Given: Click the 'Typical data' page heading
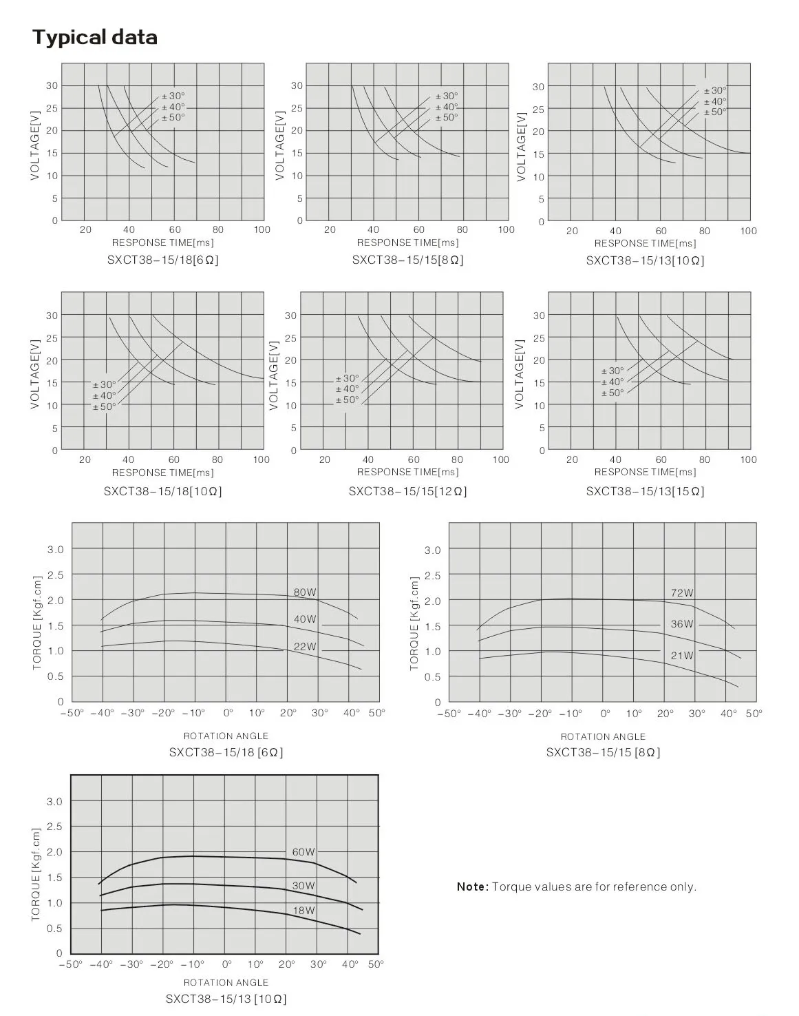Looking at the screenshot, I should pos(95,37).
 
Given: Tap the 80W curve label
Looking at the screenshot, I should pos(305,592).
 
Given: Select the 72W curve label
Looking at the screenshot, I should pos(682,593).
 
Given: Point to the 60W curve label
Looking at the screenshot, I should pos(303,852).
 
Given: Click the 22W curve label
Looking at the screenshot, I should pos(305,647).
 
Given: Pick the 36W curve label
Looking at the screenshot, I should pos(682,624).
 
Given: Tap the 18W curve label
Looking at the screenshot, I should pos(303,911).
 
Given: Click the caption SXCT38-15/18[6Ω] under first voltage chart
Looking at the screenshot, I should pos(163,260).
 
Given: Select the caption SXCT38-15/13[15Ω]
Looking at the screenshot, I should pos(645,491).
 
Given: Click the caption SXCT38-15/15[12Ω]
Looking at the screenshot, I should pos(407,491).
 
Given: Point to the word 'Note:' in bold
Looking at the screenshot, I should pos(473,887).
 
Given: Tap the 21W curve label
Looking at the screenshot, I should pos(682,656).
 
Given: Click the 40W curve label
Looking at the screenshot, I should pos(305,619).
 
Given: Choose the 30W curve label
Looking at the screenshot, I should pos(303,886).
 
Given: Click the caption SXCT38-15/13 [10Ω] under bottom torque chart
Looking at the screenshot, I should pos(226,999).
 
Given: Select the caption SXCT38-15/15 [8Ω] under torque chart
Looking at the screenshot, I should pos(603,752).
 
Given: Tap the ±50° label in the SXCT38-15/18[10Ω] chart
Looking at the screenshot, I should pos(105,406).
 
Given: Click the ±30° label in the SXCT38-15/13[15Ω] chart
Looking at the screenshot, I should pos(612,371).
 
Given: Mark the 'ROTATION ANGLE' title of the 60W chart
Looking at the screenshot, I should pos(226,982).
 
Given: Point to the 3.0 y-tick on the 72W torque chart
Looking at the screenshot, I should pos(432,550).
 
